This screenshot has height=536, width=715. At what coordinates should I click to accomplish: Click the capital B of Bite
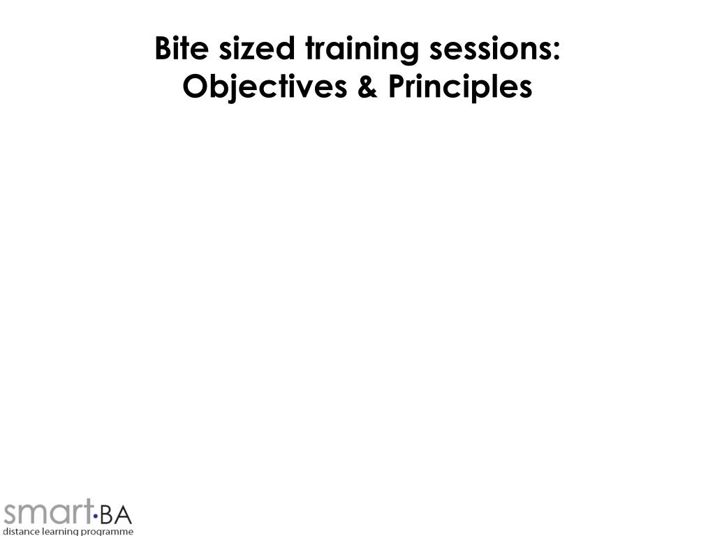163,50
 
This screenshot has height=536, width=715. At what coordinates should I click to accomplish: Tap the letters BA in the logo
115,516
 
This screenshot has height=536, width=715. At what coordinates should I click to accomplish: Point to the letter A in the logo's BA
123,516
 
